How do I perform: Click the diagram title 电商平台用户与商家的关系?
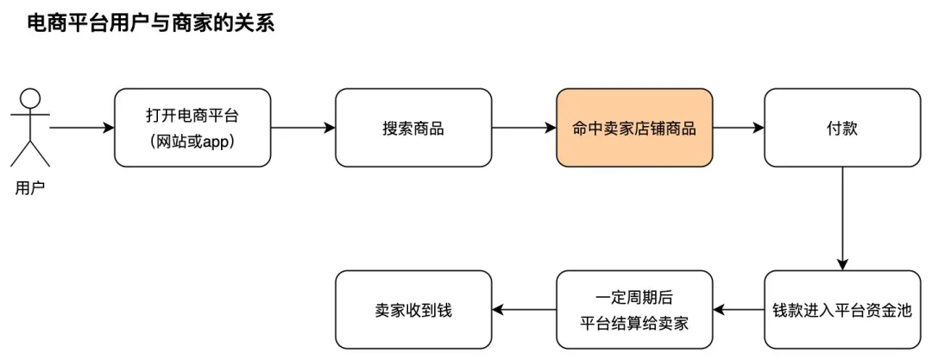151,23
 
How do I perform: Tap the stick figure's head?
31,98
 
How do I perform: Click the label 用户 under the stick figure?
30,187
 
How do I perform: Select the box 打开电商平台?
192,128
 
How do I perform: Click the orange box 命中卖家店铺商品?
634,128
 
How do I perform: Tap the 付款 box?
841,128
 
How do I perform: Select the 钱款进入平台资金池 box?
841,310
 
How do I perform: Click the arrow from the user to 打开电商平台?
82,128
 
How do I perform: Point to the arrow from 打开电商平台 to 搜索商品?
302,128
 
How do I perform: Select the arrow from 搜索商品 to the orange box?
524,128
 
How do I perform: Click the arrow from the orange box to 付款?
738,128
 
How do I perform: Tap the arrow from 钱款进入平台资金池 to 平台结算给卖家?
738,310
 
